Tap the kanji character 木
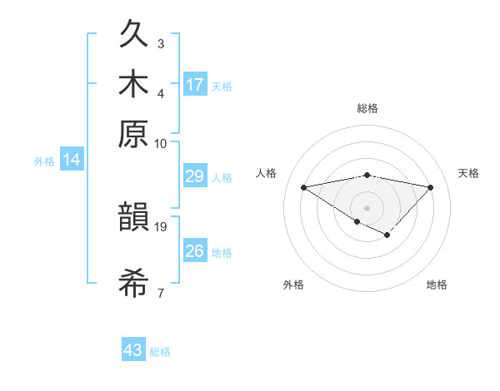[x=134, y=86]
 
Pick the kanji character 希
[x=134, y=284]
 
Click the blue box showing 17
[x=195, y=85]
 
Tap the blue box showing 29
[x=195, y=177]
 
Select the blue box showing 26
[x=195, y=250]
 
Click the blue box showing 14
[x=72, y=161]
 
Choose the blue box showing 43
[x=133, y=350]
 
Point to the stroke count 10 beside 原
[x=161, y=143]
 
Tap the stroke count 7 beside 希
[x=161, y=292]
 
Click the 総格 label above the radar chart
[x=367, y=108]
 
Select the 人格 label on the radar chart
[x=267, y=173]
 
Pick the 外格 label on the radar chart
[x=293, y=285]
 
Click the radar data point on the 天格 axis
[x=431, y=187]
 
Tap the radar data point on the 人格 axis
[x=304, y=187]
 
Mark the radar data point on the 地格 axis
[x=387, y=235]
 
